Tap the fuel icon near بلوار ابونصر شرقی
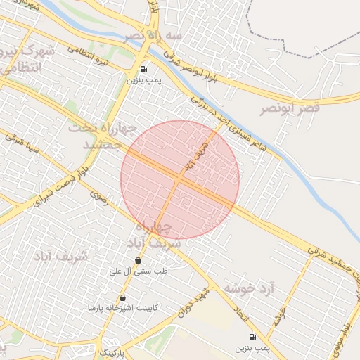tap(144, 69)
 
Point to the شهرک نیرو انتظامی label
tap(25, 60)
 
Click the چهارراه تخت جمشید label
tap(96, 136)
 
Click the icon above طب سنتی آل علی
tap(138, 260)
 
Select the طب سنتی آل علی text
tap(138, 271)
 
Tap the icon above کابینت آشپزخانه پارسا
tap(123, 297)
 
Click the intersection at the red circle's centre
tap(180, 180)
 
